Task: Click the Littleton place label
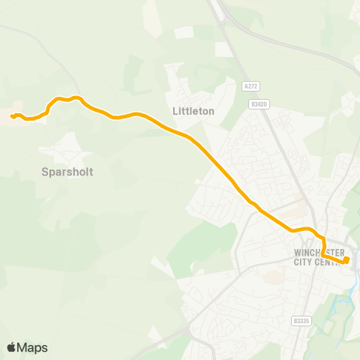[193, 111]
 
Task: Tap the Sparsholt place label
[67, 172]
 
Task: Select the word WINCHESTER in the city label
[319, 252]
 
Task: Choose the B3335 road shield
[301, 320]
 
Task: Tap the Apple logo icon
[11, 347]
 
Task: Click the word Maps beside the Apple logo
[32, 347]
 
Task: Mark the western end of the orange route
[12, 115]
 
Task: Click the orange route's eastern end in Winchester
[346, 261]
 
